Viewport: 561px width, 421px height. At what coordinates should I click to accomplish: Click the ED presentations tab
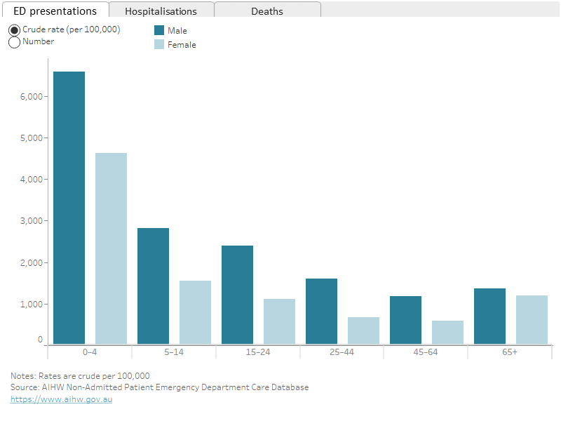(55, 11)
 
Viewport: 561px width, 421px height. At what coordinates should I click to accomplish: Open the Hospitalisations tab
(161, 11)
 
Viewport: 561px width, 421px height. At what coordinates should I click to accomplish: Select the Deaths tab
(267, 11)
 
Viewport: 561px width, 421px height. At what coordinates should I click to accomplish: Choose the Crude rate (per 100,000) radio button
(14, 30)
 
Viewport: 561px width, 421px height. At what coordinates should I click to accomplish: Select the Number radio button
(14, 42)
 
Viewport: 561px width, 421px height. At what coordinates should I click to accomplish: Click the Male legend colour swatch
(159, 30)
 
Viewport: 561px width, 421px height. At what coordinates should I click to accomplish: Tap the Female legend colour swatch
(159, 44)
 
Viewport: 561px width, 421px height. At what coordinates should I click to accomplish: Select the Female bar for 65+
(532, 319)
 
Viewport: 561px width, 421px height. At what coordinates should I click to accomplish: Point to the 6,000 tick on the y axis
(32, 96)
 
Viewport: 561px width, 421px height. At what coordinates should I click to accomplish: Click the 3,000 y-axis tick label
(32, 221)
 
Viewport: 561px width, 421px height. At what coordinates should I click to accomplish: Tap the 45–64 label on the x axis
(426, 352)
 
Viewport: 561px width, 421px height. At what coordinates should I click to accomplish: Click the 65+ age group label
(510, 352)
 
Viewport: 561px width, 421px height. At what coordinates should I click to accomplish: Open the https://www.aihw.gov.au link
(61, 399)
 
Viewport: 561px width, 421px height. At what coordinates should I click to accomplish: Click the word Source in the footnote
(24, 387)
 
